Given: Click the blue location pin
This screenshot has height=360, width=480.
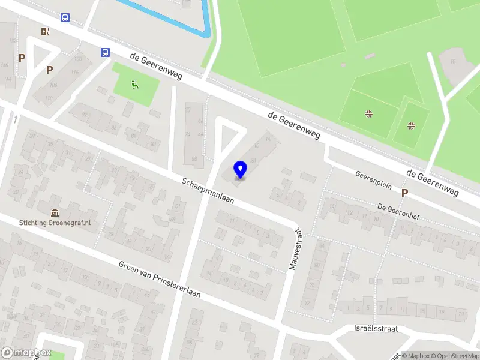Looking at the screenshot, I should click(241, 169).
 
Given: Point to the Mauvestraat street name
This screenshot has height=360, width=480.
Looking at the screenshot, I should click(293, 248).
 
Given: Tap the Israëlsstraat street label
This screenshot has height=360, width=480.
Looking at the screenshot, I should click(376, 329).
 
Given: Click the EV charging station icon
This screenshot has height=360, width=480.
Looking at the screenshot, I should click(45, 31).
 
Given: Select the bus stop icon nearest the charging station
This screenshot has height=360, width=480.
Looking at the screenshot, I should click(64, 17).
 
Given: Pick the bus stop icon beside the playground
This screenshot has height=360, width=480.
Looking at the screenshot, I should click(105, 52).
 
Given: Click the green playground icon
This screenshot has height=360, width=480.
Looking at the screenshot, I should click(135, 85).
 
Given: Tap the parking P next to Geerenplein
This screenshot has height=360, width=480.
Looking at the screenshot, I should click(405, 193).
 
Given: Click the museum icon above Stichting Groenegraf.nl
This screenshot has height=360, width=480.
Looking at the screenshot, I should click(55, 212).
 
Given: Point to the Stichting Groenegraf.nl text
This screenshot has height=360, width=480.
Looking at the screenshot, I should click(55, 223).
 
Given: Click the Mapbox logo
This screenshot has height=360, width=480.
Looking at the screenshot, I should click(25, 353).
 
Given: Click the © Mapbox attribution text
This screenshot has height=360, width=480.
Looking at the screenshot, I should click(417, 356).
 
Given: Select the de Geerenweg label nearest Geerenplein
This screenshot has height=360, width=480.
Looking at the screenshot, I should click(432, 182).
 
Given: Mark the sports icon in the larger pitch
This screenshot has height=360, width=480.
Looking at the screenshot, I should click(368, 113).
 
